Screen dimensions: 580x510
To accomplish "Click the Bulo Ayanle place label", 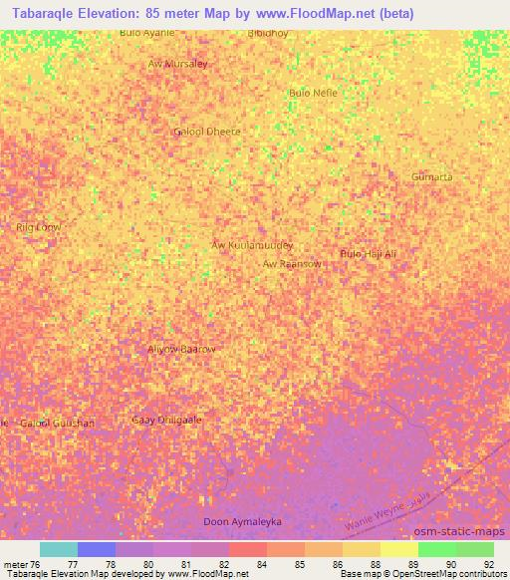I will (146, 33).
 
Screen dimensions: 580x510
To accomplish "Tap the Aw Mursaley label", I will (177, 64).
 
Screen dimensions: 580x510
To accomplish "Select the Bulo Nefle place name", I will (313, 93).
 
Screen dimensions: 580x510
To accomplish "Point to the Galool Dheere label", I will (207, 131).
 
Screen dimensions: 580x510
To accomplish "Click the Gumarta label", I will (431, 176).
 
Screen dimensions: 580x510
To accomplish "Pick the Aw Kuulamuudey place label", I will (252, 244).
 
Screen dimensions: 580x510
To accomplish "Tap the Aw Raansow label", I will (292, 264).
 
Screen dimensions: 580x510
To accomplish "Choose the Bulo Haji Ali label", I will (369, 254).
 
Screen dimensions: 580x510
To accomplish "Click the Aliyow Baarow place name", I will (181, 349).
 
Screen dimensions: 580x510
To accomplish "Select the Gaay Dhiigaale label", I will (166, 420).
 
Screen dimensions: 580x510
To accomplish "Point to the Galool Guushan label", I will (58, 423).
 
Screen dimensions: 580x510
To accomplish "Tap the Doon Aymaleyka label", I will (242, 521).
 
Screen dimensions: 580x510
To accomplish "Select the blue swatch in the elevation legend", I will (97, 549).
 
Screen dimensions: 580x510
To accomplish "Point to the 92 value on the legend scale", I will (488, 564).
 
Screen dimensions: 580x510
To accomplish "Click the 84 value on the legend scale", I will (261, 564).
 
